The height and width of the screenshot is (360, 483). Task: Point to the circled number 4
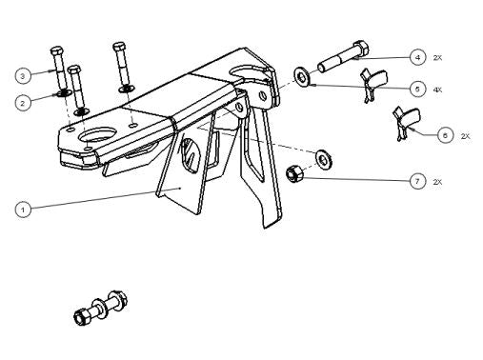coord(417,57)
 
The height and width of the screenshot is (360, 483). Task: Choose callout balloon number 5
coord(417,89)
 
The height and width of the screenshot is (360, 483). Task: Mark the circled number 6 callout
coord(445,135)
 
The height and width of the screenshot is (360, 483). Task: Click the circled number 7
coord(417,181)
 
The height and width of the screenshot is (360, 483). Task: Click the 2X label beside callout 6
coord(466,136)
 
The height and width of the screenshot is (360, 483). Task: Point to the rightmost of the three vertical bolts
coord(121,67)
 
